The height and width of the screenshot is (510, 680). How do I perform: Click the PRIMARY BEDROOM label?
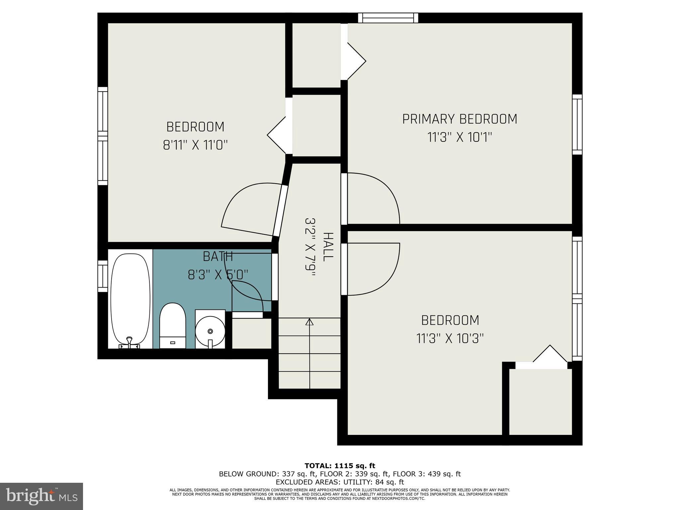[x=460, y=119]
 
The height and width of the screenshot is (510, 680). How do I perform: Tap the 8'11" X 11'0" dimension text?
[x=195, y=145]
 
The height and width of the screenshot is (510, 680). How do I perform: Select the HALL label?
[x=328, y=247]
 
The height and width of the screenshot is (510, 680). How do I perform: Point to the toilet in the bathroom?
[x=172, y=325]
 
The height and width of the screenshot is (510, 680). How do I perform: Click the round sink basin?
[x=210, y=331]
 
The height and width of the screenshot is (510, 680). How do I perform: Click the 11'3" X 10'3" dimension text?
[x=450, y=339]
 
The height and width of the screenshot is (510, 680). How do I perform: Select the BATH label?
[x=218, y=257]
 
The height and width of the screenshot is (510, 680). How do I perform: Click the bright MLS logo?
[x=42, y=496]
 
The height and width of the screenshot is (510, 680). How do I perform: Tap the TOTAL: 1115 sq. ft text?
[x=340, y=466]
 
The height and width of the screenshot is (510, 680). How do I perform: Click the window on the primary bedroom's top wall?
[x=388, y=18]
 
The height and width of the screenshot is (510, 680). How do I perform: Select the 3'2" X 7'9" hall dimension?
[x=310, y=247]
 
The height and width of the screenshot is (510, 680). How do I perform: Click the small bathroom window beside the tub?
[x=103, y=276]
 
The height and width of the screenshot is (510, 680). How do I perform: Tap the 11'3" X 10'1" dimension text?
[x=460, y=137]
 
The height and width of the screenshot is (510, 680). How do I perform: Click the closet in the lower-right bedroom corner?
[x=540, y=401]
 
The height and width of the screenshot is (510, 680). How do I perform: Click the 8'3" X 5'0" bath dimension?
[x=218, y=275]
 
